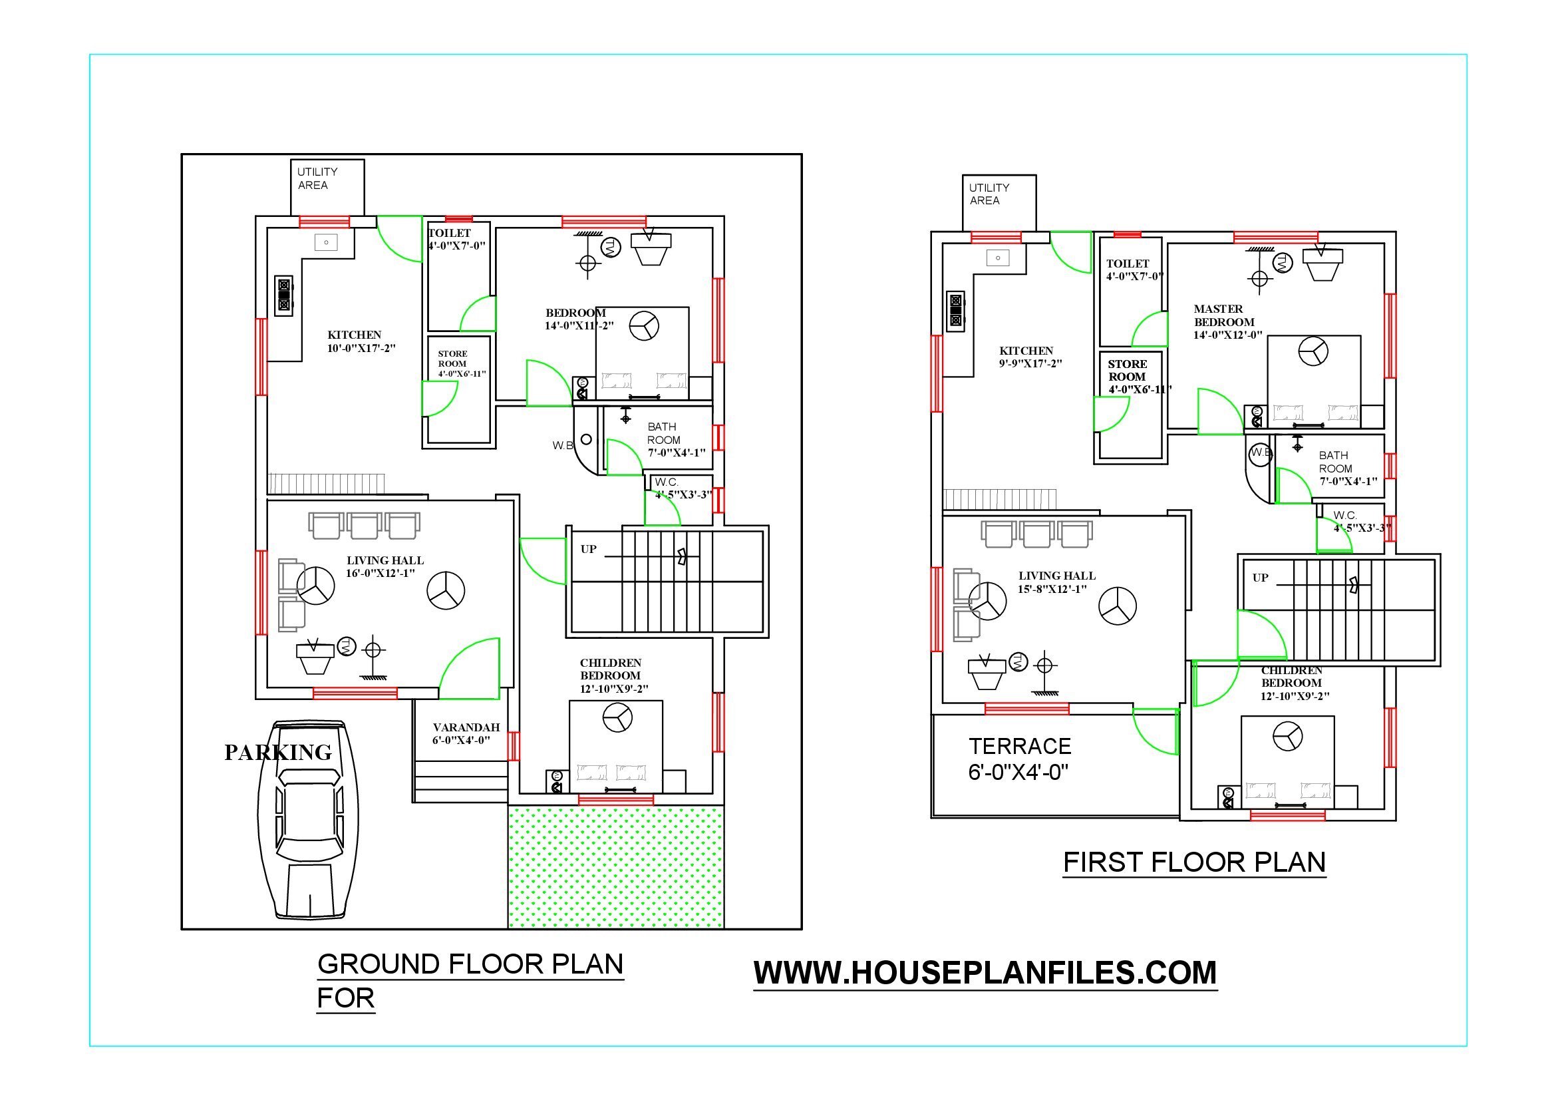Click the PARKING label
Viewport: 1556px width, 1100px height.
point(278,753)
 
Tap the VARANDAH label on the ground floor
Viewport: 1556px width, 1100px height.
point(466,727)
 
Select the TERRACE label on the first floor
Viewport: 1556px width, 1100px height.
point(1020,746)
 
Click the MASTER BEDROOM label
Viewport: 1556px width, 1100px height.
point(1224,315)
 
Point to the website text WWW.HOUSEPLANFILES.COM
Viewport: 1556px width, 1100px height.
point(985,973)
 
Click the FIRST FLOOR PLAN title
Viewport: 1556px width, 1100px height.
point(1194,862)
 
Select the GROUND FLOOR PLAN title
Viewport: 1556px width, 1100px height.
point(470,964)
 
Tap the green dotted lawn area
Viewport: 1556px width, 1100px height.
point(616,867)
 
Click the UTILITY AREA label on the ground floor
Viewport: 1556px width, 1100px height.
point(317,178)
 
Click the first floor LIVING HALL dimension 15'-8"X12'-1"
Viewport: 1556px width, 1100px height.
point(1052,589)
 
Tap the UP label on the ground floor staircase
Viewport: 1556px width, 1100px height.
point(588,549)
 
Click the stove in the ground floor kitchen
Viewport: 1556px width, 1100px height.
point(284,295)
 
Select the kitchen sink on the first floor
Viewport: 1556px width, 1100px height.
point(999,258)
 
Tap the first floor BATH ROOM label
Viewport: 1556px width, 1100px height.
point(1335,462)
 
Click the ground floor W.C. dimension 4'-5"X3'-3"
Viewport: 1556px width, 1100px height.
point(683,494)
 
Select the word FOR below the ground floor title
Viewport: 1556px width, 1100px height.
point(346,998)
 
